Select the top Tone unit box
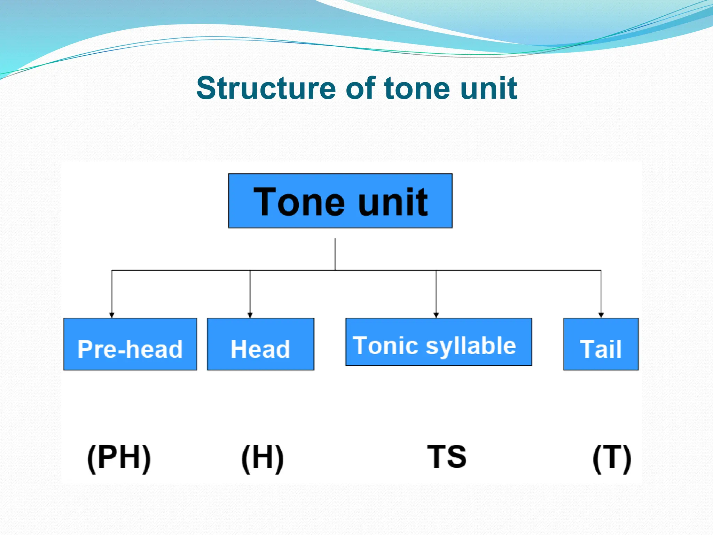click(x=340, y=201)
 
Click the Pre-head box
click(x=130, y=344)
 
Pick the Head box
click(x=260, y=344)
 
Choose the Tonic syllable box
click(x=438, y=342)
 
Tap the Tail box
click(x=601, y=344)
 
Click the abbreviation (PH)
click(x=119, y=457)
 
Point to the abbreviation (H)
click(x=263, y=457)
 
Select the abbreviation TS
click(x=447, y=456)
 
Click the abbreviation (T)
click(x=612, y=457)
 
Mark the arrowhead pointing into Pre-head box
click(x=112, y=315)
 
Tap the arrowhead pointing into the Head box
click(x=250, y=315)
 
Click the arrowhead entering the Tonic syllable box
click(x=436, y=315)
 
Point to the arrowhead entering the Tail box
click(x=601, y=315)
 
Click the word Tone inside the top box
click(x=299, y=202)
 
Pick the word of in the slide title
click(x=360, y=88)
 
